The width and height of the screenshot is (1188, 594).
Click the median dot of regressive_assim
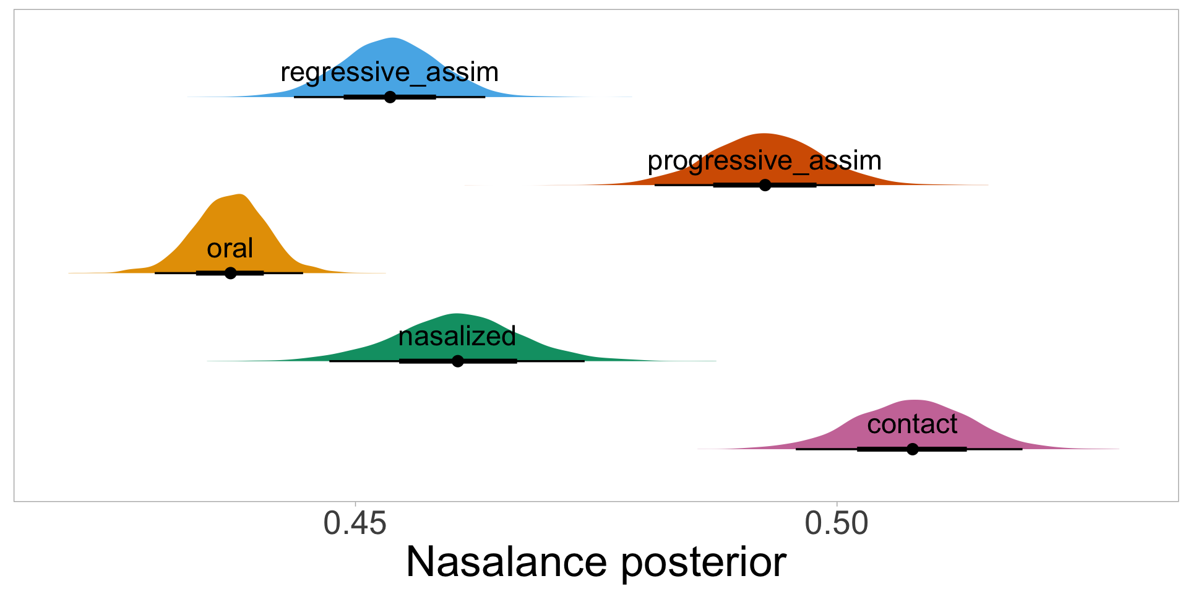(390, 97)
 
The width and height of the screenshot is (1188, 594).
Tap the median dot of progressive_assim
(765, 185)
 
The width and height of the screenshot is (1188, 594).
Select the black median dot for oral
(230, 273)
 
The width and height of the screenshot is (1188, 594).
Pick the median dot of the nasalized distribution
(458, 361)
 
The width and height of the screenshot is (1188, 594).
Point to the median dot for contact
(913, 449)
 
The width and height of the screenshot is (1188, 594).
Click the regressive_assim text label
(389, 73)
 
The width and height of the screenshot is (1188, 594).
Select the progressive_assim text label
(764, 161)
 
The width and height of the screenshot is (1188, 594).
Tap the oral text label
(230, 249)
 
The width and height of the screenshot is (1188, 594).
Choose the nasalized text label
(457, 337)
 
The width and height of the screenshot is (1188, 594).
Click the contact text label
(912, 424)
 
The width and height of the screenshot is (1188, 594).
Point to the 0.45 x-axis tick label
(355, 523)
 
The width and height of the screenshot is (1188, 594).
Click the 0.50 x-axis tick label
(837, 523)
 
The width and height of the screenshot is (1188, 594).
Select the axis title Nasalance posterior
(596, 562)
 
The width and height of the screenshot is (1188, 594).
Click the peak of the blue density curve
(392, 39)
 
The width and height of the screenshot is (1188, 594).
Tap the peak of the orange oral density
(241, 195)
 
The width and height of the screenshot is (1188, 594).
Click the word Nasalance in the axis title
(506, 562)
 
